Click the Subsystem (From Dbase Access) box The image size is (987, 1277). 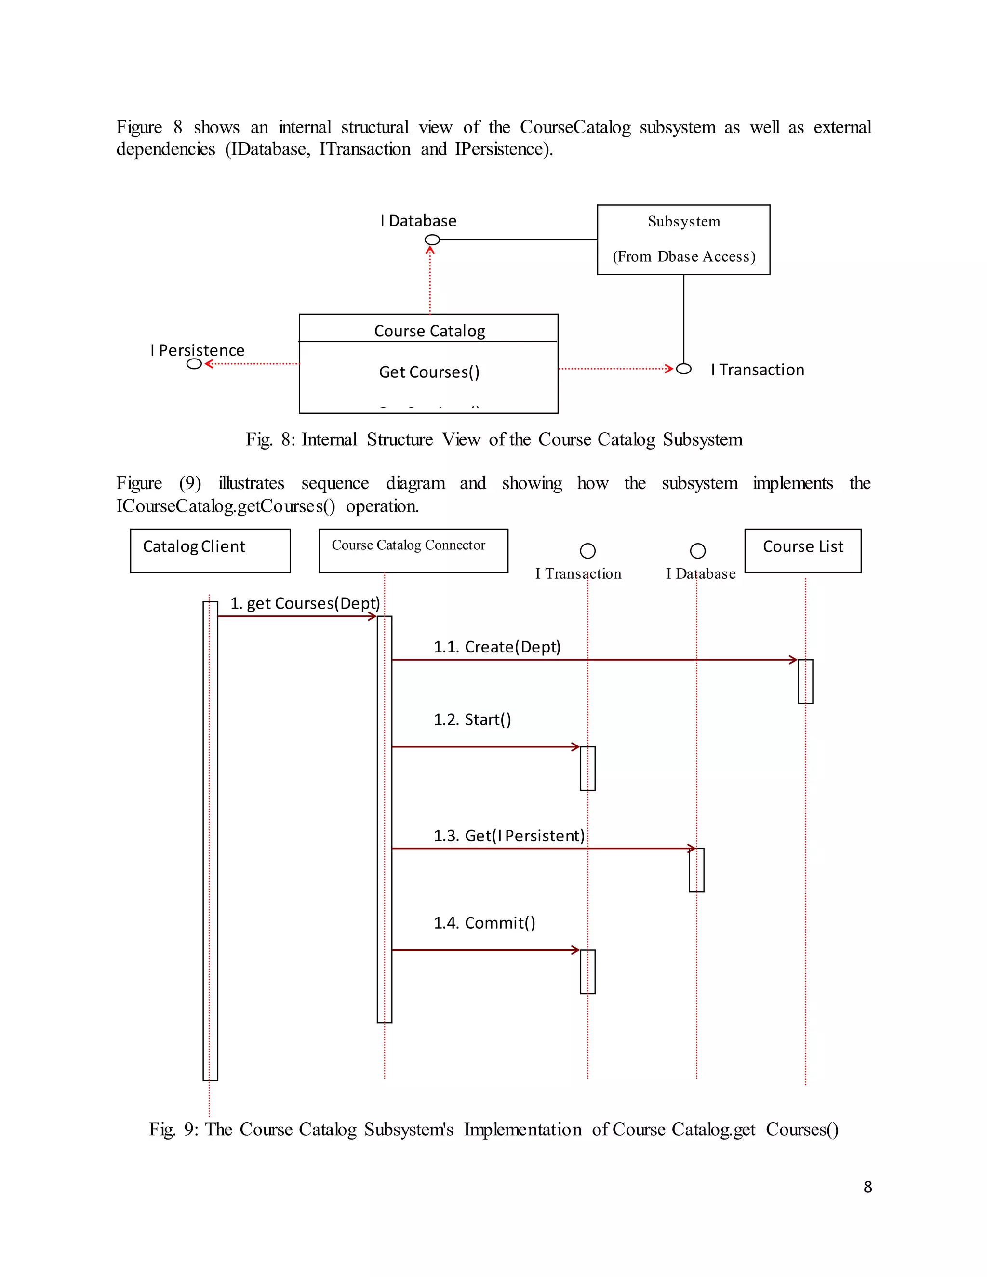(x=683, y=239)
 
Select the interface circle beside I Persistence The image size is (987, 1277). (x=194, y=364)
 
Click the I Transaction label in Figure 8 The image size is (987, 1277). (x=757, y=370)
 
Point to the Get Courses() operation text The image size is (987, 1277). (x=429, y=372)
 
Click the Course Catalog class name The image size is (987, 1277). (x=429, y=331)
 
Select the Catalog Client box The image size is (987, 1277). (x=210, y=550)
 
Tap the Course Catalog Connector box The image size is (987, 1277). (x=413, y=550)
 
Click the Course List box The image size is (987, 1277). (x=802, y=550)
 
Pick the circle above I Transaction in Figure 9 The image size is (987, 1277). (x=587, y=551)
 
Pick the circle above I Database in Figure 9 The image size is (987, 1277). (x=697, y=551)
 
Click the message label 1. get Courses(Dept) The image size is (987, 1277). (x=305, y=603)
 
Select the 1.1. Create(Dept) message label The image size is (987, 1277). (x=497, y=647)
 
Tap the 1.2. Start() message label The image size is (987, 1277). (x=472, y=720)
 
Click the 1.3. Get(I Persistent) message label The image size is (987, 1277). (x=509, y=836)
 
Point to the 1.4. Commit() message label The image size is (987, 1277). (x=484, y=923)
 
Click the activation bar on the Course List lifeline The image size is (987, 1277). (x=805, y=681)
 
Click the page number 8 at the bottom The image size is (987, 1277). (x=867, y=1187)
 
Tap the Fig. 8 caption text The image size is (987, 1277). (x=493, y=439)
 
